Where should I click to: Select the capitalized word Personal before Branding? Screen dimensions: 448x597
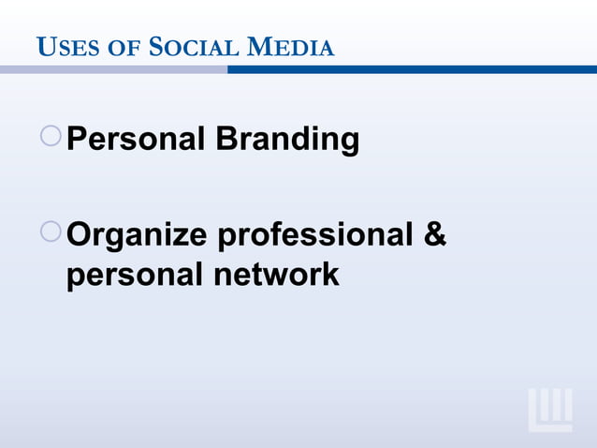[137, 141]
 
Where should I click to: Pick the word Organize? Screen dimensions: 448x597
[138, 234]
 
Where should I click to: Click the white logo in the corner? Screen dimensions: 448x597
[550, 409]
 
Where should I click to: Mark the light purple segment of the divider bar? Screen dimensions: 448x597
[113, 70]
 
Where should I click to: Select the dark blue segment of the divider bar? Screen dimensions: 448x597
[412, 70]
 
